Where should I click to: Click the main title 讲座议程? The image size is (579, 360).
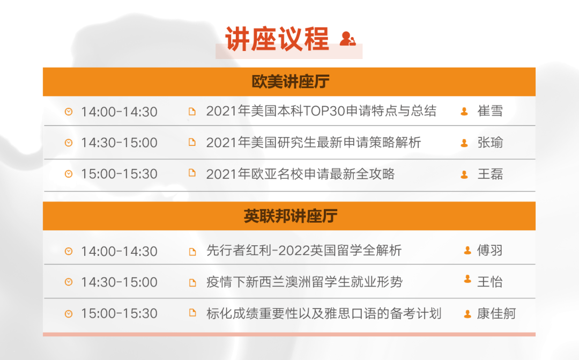[277, 39]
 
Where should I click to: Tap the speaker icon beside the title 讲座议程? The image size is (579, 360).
[347, 39]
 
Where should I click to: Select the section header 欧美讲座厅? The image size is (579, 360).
[290, 82]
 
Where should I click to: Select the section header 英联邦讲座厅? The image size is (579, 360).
[290, 216]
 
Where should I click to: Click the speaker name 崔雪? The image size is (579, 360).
[490, 111]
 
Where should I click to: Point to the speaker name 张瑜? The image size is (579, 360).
[490, 142]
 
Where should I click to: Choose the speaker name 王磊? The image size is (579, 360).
[490, 174]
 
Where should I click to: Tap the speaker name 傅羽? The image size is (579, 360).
[489, 251]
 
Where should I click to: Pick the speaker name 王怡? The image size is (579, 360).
[489, 282]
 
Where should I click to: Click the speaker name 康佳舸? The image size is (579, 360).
[496, 313]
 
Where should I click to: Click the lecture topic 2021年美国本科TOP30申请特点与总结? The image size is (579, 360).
[321, 111]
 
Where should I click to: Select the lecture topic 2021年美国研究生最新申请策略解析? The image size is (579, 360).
[314, 142]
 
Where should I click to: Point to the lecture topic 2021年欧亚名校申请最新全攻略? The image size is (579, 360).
[300, 174]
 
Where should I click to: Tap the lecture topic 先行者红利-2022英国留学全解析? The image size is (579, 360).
[304, 251]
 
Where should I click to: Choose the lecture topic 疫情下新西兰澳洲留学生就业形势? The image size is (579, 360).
[305, 282]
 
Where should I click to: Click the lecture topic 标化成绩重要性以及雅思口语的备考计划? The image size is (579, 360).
[324, 313]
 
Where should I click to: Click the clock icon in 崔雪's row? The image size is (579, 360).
[69, 111]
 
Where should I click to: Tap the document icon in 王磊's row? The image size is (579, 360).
[192, 173]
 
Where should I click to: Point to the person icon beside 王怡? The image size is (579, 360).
[467, 279]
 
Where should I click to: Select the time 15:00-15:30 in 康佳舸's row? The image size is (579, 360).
[119, 313]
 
